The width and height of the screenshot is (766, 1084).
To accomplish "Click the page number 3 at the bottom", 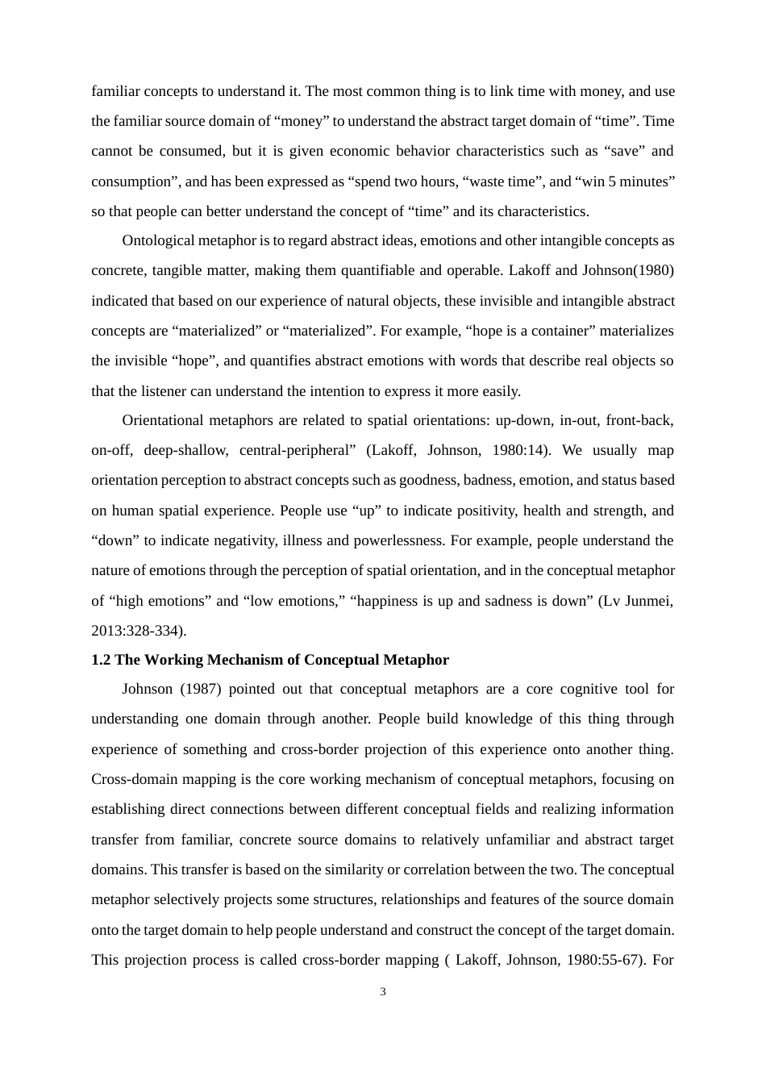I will tap(383, 991).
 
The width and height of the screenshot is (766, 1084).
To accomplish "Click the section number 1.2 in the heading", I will tap(101, 660).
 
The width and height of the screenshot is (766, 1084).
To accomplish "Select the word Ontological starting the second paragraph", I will tap(159, 240).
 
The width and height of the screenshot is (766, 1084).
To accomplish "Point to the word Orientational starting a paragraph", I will tap(162, 420).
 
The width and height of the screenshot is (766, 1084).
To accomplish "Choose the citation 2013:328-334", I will tap(137, 631).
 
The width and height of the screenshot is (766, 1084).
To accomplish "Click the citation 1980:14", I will tap(517, 450).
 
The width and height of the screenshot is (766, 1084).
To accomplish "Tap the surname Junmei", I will tap(649, 601).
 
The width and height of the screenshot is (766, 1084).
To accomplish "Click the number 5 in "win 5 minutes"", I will tap(612, 181).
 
